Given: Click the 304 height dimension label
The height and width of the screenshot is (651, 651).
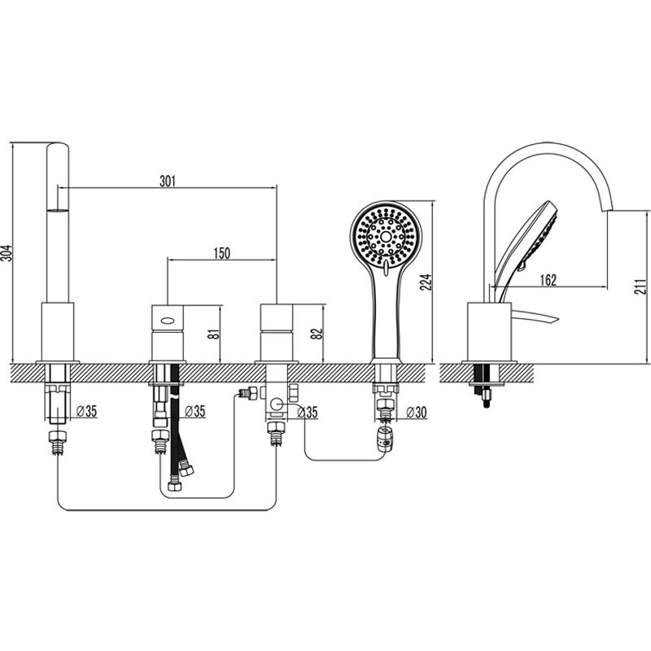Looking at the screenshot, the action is point(7,253).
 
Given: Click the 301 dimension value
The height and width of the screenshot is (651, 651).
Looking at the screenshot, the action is point(168,181).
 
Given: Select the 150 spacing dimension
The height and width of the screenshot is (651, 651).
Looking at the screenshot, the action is point(221,253).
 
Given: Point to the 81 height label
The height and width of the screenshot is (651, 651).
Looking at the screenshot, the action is point(213,334).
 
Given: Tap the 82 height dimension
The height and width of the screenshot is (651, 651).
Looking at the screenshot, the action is point(317,334).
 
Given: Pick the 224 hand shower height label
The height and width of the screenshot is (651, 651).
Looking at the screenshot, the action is point(426,282).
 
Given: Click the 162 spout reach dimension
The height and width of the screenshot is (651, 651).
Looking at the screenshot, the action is point(548,280).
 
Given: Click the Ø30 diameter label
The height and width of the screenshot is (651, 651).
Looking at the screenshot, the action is point(416,413).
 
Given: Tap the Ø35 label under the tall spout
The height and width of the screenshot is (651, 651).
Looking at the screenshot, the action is point(87,412).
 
